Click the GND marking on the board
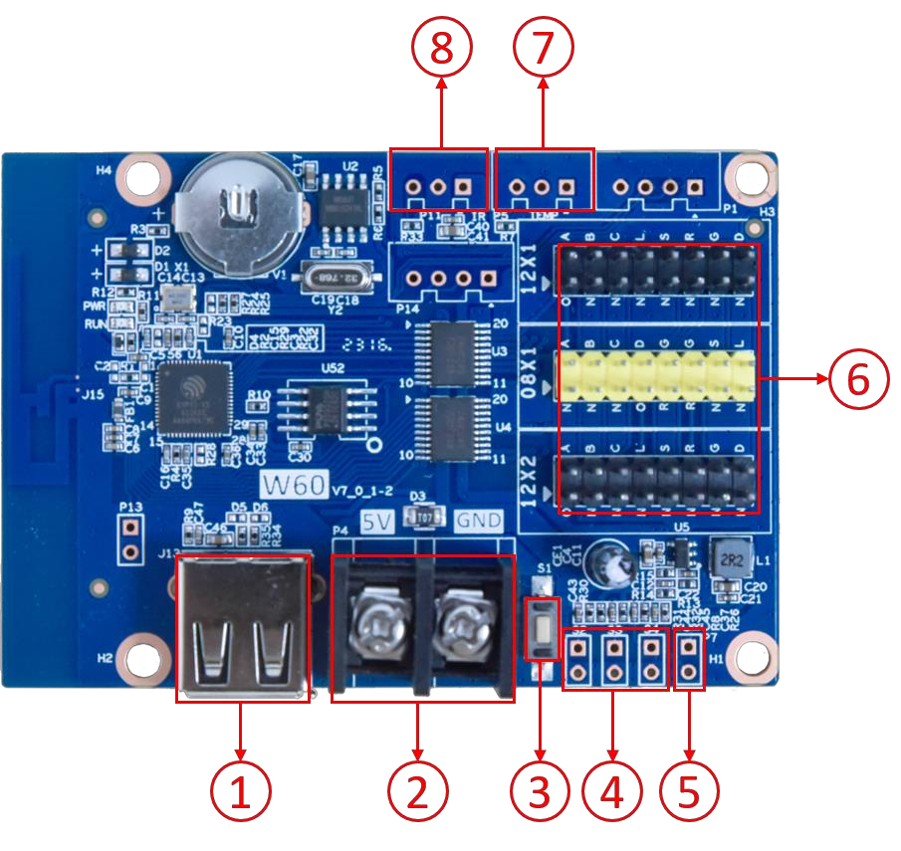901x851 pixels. point(478,520)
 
